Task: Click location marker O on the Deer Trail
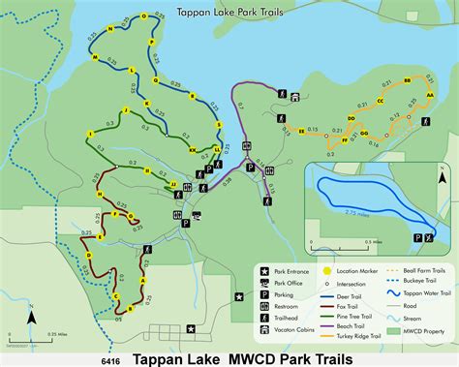tap(143, 16)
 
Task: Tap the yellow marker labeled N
tap(110, 30)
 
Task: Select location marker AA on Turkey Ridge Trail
tap(429, 96)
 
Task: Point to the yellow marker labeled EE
tap(302, 131)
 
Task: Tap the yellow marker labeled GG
tap(363, 133)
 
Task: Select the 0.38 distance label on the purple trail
tap(229, 178)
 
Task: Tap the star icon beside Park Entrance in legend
tap(263, 270)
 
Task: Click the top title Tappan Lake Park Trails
tap(229, 13)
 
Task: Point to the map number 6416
tap(110, 357)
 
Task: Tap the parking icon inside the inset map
tap(417, 236)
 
